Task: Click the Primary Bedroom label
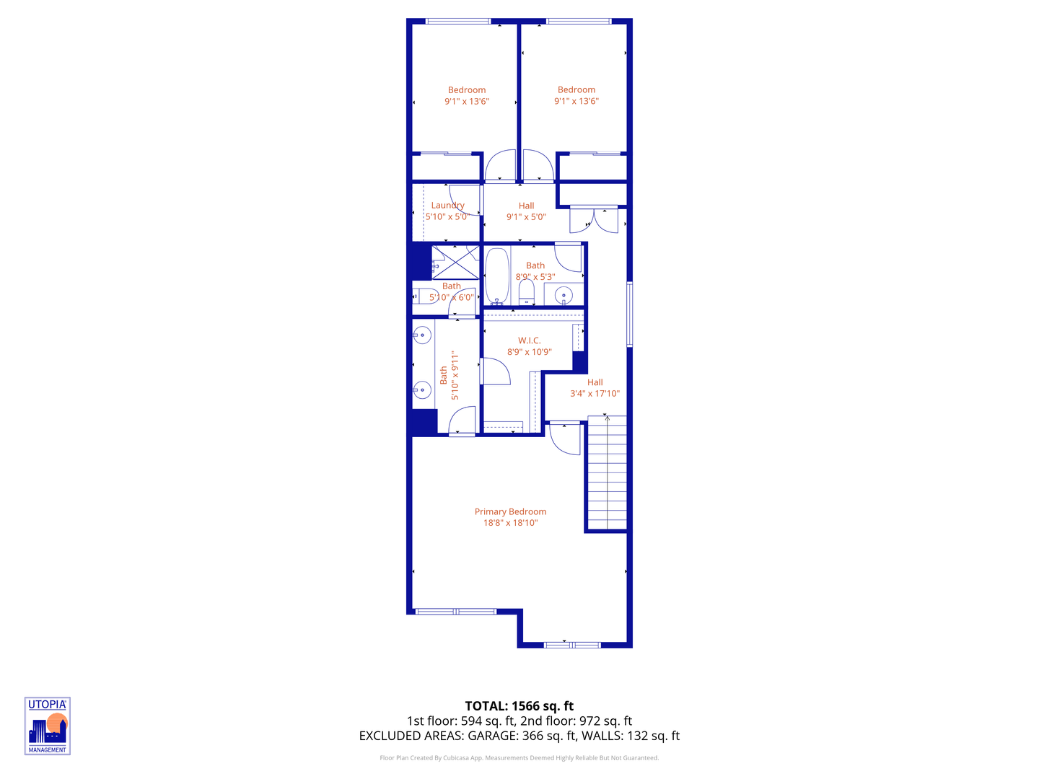[x=510, y=511]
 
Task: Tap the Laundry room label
[x=447, y=206]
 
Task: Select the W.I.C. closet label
[x=529, y=340]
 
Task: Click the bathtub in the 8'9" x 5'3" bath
[x=496, y=276]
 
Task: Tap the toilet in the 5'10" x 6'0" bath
[x=425, y=296]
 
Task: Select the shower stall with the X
[x=455, y=263]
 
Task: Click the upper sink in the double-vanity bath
[x=422, y=335]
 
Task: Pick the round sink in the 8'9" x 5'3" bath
[x=564, y=294]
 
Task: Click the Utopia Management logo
[x=48, y=726]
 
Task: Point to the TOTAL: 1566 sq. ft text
[x=519, y=706]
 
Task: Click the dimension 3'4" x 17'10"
[x=595, y=394]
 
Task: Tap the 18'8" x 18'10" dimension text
[x=510, y=523]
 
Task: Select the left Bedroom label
[x=467, y=90]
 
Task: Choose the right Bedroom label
[x=577, y=90]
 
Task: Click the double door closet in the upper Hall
[x=594, y=219]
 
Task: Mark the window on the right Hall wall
[x=629, y=314]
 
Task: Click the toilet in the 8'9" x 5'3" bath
[x=527, y=292]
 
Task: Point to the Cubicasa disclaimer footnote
[x=519, y=758]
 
